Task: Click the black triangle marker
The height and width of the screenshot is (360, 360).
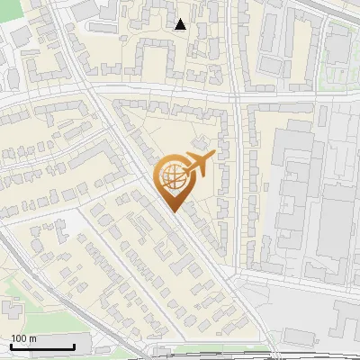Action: (x=181, y=24)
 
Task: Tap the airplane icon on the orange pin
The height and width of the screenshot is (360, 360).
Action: (x=199, y=164)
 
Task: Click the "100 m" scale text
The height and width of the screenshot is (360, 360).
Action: (x=23, y=338)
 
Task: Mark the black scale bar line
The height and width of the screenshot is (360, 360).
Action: (x=42, y=347)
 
